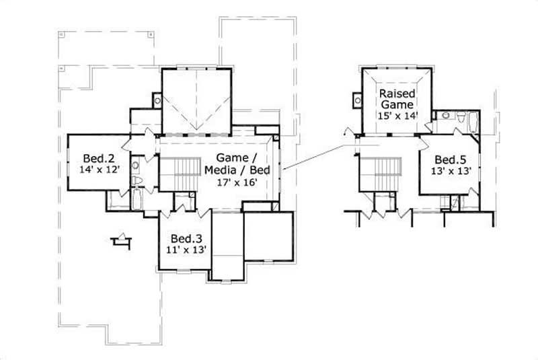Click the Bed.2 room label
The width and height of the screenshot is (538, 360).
[x=98, y=158]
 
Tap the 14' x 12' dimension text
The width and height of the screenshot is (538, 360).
[x=99, y=170]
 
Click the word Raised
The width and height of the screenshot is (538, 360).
[x=397, y=93]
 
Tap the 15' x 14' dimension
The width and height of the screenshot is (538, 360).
[x=397, y=115]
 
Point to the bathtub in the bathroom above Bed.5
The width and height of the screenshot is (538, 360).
[x=470, y=122]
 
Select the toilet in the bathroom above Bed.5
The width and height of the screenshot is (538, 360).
[x=460, y=118]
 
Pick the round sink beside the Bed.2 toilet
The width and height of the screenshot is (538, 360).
[x=135, y=164]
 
